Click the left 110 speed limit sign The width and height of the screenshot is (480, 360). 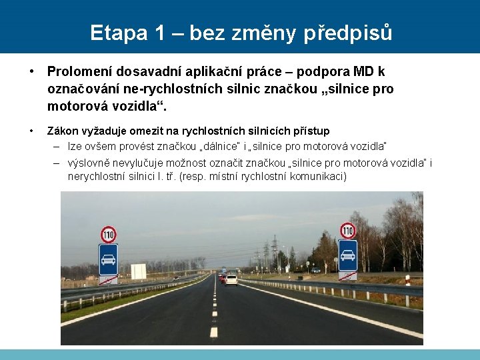109,234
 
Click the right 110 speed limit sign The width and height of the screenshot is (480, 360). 347,231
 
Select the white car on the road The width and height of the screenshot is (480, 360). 231,279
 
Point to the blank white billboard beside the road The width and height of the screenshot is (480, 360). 138,271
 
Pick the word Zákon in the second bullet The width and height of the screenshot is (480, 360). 65,131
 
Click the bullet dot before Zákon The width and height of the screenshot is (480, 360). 32,131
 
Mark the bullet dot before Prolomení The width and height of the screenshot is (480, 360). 32,71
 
